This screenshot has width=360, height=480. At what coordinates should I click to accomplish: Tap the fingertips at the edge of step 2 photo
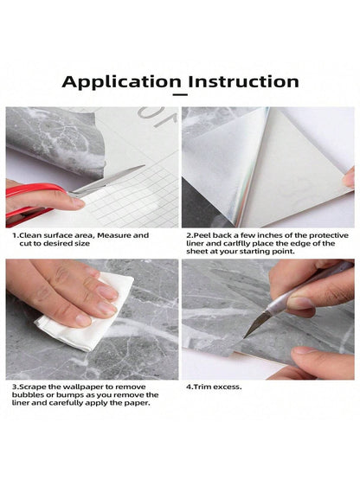point(348,178)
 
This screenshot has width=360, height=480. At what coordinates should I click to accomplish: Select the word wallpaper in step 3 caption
point(76,387)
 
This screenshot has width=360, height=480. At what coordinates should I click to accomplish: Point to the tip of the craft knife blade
point(246,335)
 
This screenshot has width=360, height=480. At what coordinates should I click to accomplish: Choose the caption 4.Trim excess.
point(215,387)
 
